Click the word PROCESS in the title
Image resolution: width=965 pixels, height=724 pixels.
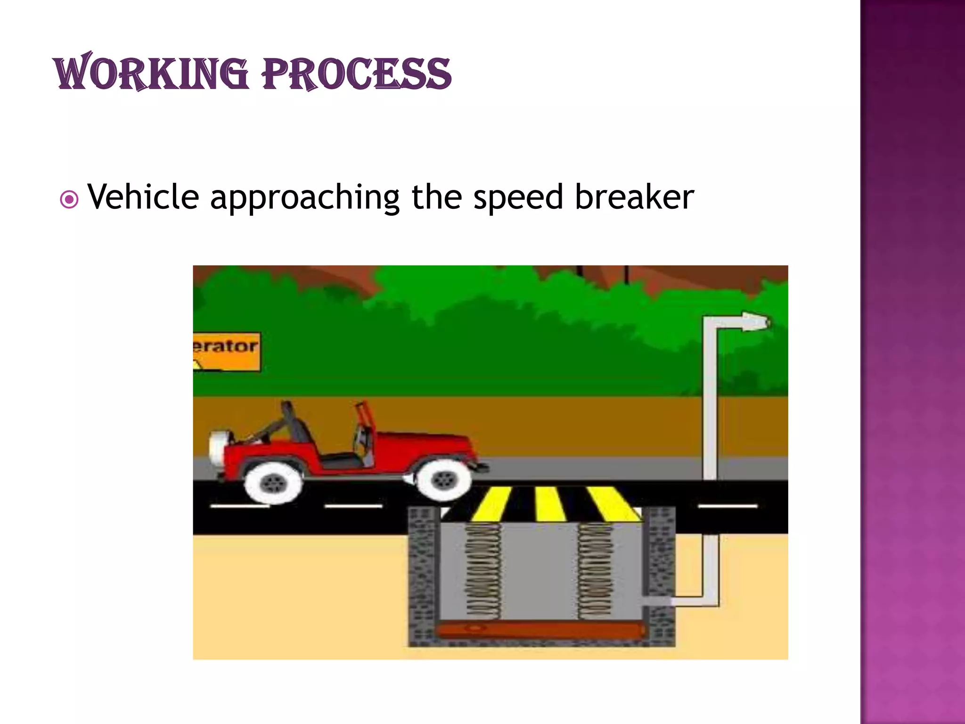coord(357,74)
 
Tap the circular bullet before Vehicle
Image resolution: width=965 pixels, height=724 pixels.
coord(69,200)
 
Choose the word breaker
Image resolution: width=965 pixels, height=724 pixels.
coord(634,197)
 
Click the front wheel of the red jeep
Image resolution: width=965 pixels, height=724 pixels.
coord(443,480)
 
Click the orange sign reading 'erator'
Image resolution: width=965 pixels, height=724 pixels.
coord(226,352)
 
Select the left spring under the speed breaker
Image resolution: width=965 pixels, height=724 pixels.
coord(483,570)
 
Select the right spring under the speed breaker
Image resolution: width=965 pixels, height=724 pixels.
coord(595,570)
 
